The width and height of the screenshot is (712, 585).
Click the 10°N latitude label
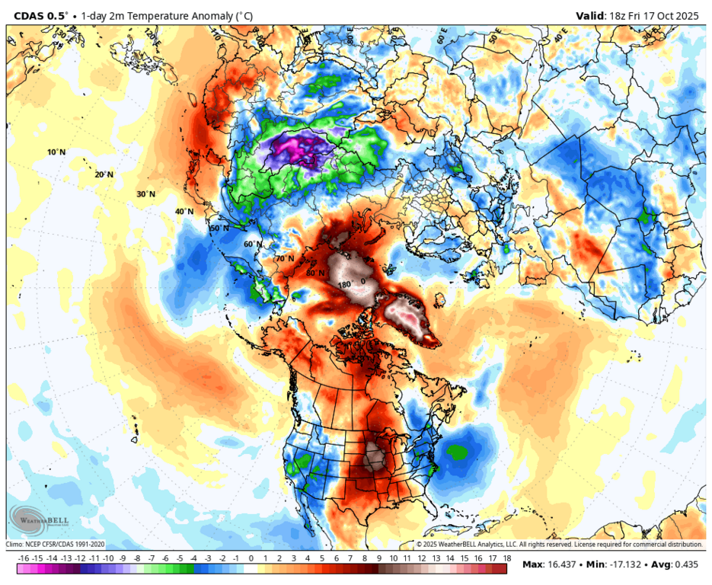point(56,152)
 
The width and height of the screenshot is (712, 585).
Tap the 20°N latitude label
point(104,174)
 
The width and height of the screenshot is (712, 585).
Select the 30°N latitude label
point(145,194)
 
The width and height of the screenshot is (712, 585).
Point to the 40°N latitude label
point(184,211)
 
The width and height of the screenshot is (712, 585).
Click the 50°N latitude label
point(219,228)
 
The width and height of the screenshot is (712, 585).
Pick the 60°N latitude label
point(253,244)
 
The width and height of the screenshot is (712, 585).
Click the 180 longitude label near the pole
point(345,285)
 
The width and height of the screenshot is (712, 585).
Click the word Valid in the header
point(589,14)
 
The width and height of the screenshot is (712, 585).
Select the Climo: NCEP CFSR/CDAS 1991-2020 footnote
point(55,545)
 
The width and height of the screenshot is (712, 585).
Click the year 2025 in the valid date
point(688,14)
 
